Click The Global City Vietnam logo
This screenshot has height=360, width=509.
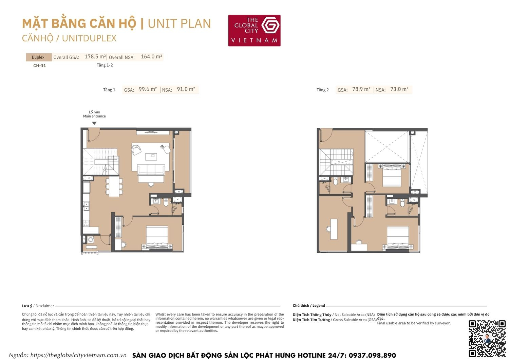tap(254, 30)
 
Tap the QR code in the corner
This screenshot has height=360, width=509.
tap(487, 338)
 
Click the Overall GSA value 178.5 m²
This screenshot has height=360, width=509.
tap(95, 57)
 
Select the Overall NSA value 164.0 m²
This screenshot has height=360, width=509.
tap(151, 57)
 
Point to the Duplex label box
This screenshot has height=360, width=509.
tap(38, 57)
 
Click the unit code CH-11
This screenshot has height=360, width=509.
tap(39, 66)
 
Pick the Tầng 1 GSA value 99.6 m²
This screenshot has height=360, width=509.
tap(148, 89)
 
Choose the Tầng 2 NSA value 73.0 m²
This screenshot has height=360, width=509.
tap(399, 89)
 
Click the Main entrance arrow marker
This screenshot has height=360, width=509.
tap(94, 123)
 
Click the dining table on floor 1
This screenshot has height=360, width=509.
tap(114, 187)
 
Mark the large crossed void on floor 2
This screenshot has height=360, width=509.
tap(387, 147)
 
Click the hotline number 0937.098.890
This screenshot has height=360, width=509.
tap(372, 355)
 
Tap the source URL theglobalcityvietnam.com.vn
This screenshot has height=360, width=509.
tap(78, 355)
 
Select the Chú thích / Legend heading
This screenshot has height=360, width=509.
tap(309, 306)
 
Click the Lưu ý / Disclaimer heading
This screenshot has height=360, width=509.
tap(38, 306)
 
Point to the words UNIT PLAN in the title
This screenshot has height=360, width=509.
tap(179, 23)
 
